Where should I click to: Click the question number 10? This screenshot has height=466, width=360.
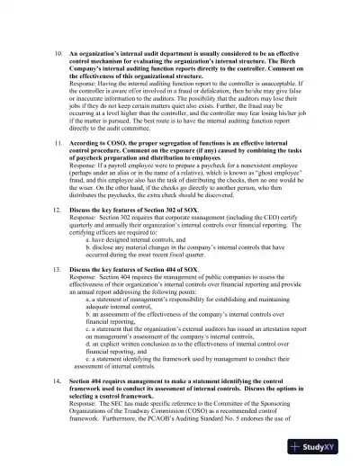coord(59,53)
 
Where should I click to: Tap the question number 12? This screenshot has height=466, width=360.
coord(59,232)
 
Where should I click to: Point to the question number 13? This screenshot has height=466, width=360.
coord(59,294)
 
